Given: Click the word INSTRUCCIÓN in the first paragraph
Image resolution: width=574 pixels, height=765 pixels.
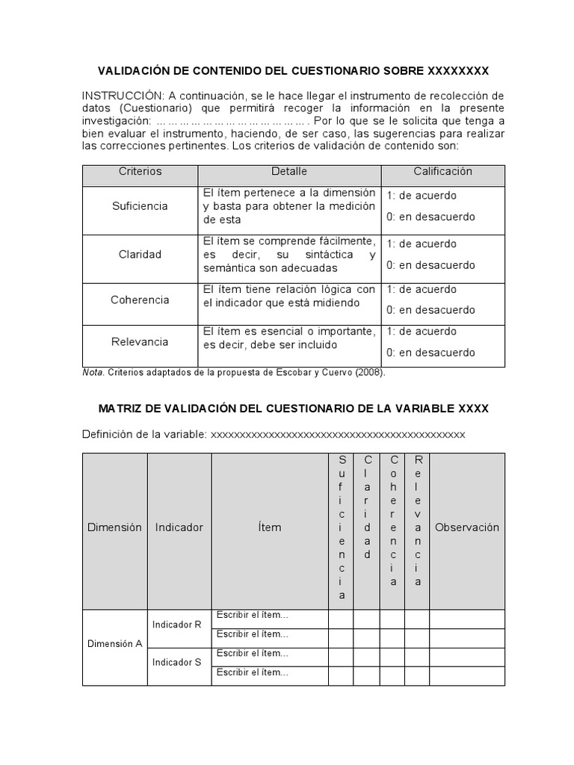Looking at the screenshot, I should click(x=123, y=96).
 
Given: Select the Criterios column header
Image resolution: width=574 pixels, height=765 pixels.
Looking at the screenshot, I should click(x=140, y=171).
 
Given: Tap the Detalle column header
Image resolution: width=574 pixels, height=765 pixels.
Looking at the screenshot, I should click(x=289, y=171).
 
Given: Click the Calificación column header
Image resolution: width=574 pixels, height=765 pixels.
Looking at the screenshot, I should click(x=443, y=171).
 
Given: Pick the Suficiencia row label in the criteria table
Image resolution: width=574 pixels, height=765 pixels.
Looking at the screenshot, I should click(x=140, y=206).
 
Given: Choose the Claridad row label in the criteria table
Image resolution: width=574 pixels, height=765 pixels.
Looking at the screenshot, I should click(x=140, y=255).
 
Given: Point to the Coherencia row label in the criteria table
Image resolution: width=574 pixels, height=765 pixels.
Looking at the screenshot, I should click(x=140, y=300).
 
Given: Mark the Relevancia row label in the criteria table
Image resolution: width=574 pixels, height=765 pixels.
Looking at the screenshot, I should click(x=140, y=342).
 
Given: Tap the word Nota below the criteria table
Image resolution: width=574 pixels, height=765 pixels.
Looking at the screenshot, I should click(x=93, y=372).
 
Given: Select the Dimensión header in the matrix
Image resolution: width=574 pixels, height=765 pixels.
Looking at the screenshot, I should click(x=114, y=527).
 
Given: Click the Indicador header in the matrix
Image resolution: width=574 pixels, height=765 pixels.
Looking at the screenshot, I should click(x=179, y=527).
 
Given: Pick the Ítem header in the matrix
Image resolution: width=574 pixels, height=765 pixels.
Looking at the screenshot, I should click(x=270, y=527).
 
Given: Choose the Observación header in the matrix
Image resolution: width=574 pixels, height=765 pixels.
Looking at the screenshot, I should click(x=467, y=527).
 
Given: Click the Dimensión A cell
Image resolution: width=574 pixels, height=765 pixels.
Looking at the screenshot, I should click(x=114, y=643).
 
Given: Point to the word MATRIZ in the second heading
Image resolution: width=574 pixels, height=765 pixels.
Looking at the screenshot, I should click(x=122, y=409).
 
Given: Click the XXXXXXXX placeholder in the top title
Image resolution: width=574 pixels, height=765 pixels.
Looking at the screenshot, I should click(x=458, y=71).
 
